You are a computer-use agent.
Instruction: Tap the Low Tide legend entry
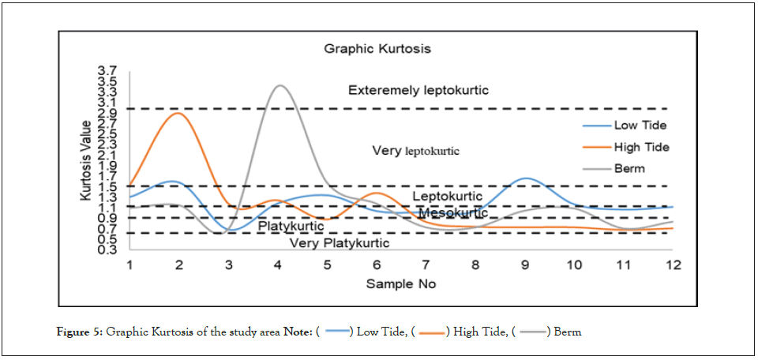640,126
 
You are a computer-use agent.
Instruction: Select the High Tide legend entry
641,147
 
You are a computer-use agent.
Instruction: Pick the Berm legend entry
629,168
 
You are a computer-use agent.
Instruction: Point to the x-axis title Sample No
400,283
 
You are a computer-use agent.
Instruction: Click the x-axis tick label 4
278,264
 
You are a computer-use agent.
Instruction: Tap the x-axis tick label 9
525,264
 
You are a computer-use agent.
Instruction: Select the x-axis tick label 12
673,264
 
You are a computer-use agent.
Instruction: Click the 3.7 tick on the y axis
107,71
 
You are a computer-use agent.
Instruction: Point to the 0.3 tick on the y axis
107,249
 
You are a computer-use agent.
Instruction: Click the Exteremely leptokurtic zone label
418,90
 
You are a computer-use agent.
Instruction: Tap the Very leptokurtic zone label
415,150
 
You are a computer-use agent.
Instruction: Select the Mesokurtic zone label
452,213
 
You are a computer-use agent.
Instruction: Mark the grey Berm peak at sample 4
279,85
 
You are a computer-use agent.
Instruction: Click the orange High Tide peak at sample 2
179,113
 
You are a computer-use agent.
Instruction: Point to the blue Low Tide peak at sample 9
526,178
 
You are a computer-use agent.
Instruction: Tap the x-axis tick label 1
129,264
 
